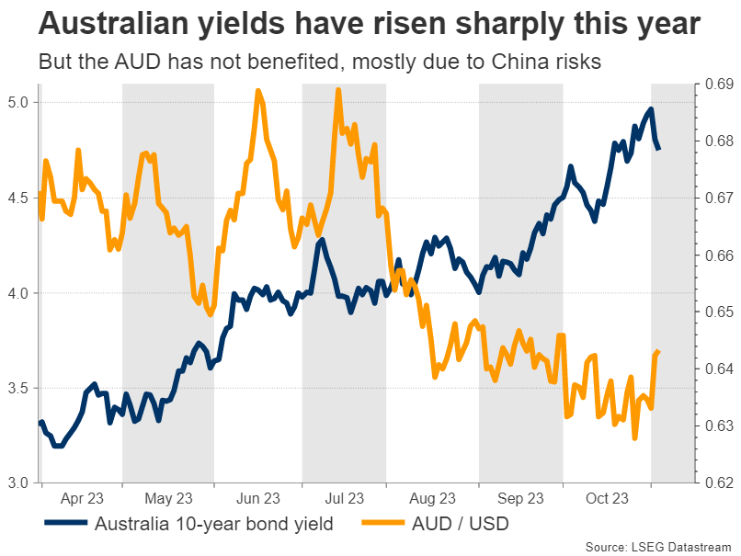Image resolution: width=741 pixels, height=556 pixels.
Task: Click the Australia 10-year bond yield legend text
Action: (x=212, y=526)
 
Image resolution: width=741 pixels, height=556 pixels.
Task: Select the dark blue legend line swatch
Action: (x=65, y=526)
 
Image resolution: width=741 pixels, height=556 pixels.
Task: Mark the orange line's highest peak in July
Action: (x=338, y=89)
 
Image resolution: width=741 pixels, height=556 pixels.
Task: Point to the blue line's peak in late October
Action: (x=651, y=109)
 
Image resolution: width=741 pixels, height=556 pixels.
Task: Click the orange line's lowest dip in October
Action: (x=634, y=438)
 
